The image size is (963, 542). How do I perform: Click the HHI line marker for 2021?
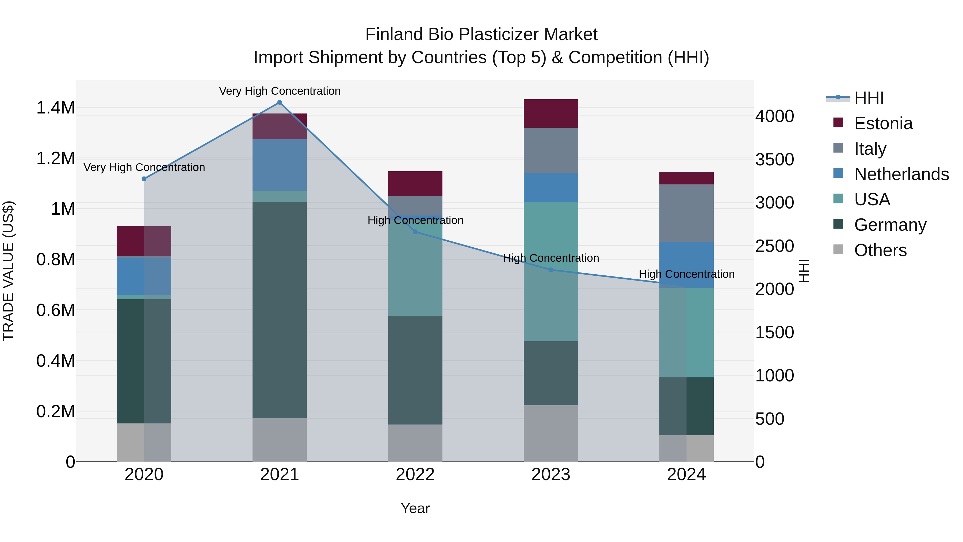(279, 103)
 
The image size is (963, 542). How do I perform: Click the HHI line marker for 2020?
(144, 179)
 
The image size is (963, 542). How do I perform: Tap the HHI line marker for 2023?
(551, 270)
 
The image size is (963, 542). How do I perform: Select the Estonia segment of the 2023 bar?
(551, 113)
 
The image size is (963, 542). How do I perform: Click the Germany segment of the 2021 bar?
(279, 310)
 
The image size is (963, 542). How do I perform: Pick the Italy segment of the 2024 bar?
(686, 213)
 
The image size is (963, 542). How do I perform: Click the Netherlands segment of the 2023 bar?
(551, 187)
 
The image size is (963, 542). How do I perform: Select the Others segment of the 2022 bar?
(415, 443)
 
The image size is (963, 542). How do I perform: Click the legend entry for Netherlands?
(901, 174)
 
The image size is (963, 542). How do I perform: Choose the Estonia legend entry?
(883, 123)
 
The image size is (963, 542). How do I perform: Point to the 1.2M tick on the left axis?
(55, 158)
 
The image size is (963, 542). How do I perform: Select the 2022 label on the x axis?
(415, 475)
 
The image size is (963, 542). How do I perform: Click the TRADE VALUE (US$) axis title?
(8, 271)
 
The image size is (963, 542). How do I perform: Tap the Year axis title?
(415, 508)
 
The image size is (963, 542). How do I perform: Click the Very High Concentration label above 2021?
(280, 91)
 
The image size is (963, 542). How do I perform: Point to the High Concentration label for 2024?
(686, 274)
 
